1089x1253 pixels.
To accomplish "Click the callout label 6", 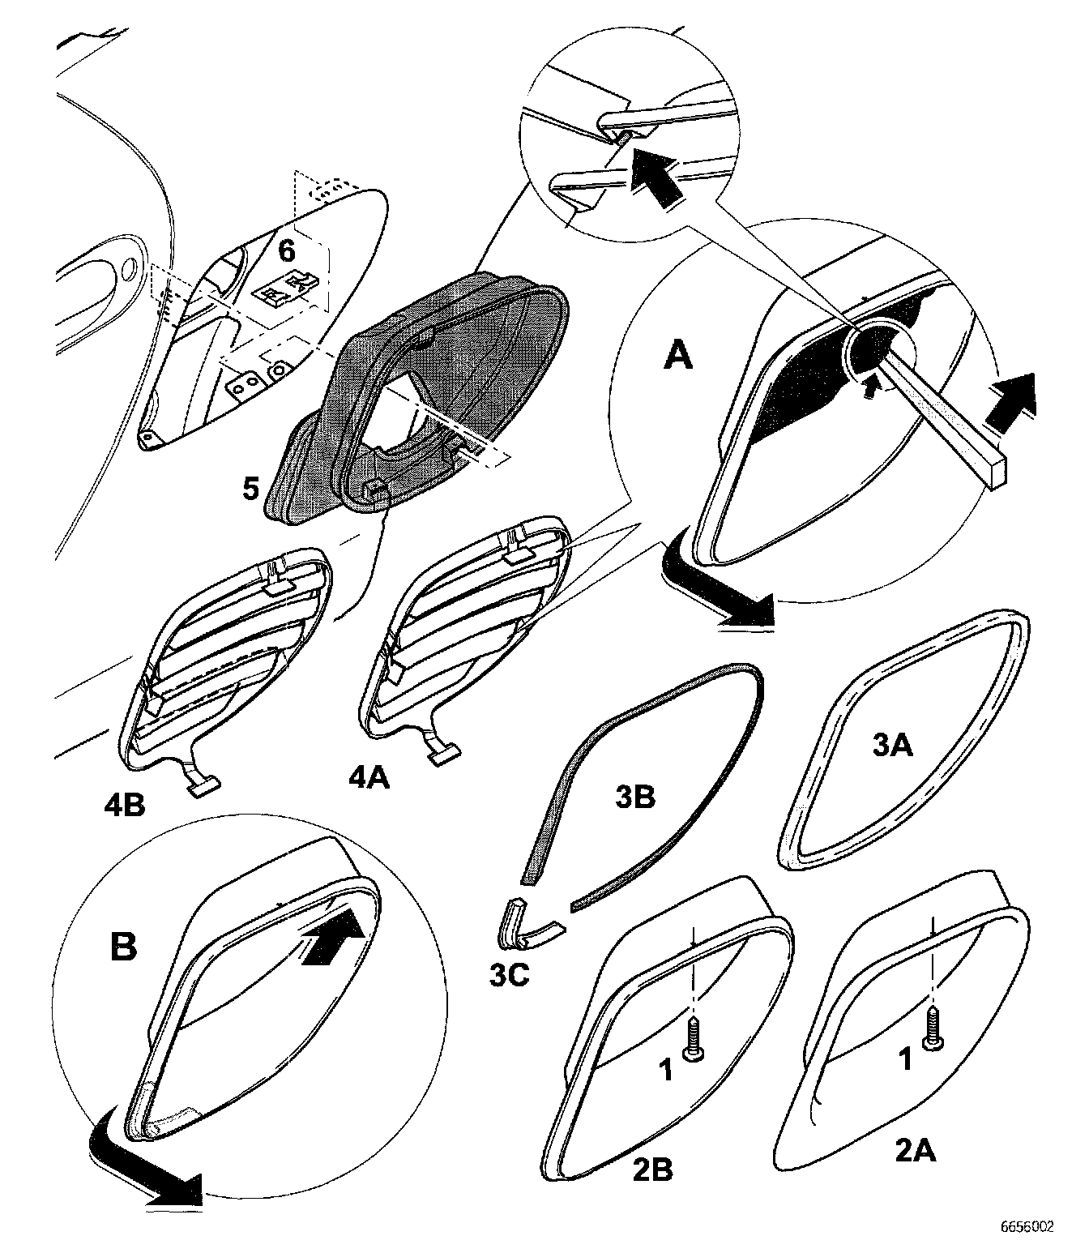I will [287, 250].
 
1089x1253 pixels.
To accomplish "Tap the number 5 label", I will [250, 489].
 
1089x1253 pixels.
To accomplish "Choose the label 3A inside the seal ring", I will [893, 744].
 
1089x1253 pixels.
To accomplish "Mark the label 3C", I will [510, 974].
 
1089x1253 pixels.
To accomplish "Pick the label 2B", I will [651, 1170].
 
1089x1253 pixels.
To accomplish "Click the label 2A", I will [916, 1150].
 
